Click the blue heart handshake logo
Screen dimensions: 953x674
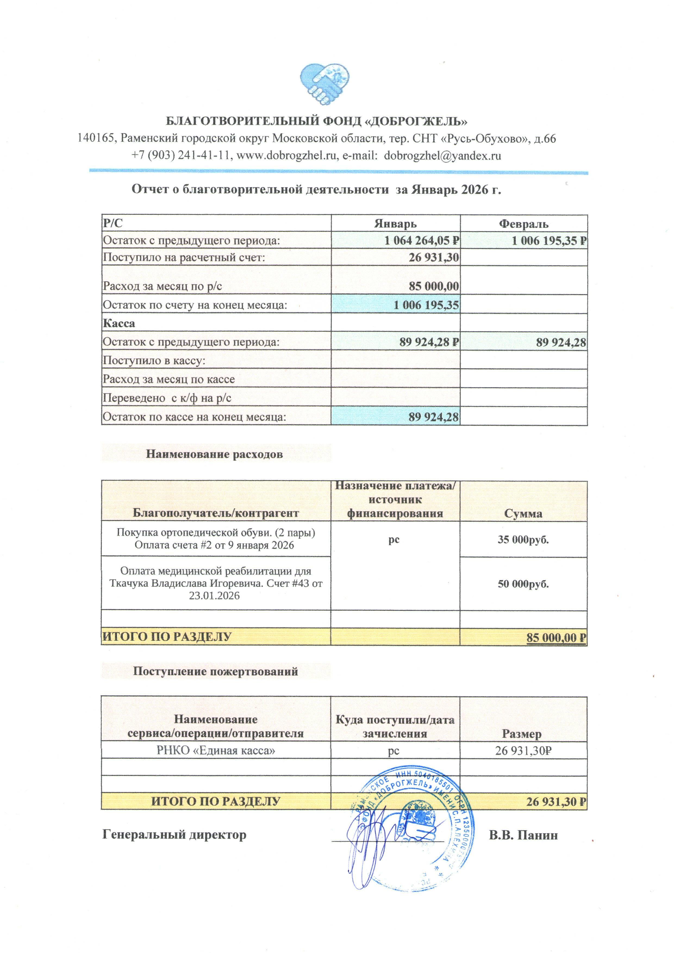[324, 85]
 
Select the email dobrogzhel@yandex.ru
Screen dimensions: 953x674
[442, 156]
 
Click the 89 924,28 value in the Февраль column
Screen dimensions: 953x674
[561, 342]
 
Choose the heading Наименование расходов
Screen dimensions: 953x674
[214, 454]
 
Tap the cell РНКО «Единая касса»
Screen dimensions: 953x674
[216, 751]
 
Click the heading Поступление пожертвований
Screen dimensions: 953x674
[216, 671]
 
